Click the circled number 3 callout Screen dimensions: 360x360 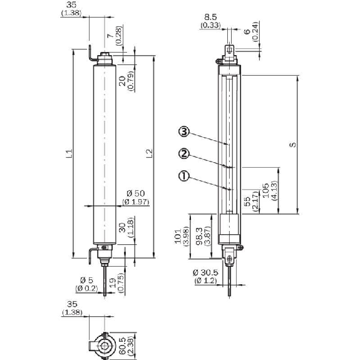[x=184, y=132]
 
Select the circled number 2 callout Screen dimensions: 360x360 [x=184, y=154]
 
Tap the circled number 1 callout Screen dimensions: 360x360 [x=183, y=177]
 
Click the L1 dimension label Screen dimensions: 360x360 [x=69, y=153]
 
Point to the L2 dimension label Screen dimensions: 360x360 [x=149, y=153]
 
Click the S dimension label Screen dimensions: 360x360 [x=293, y=145]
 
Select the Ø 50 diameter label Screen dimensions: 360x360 [x=135, y=193]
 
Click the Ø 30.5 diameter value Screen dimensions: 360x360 [x=205, y=272]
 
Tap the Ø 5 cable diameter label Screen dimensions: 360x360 [x=86, y=280]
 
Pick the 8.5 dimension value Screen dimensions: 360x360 [x=210, y=18]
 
